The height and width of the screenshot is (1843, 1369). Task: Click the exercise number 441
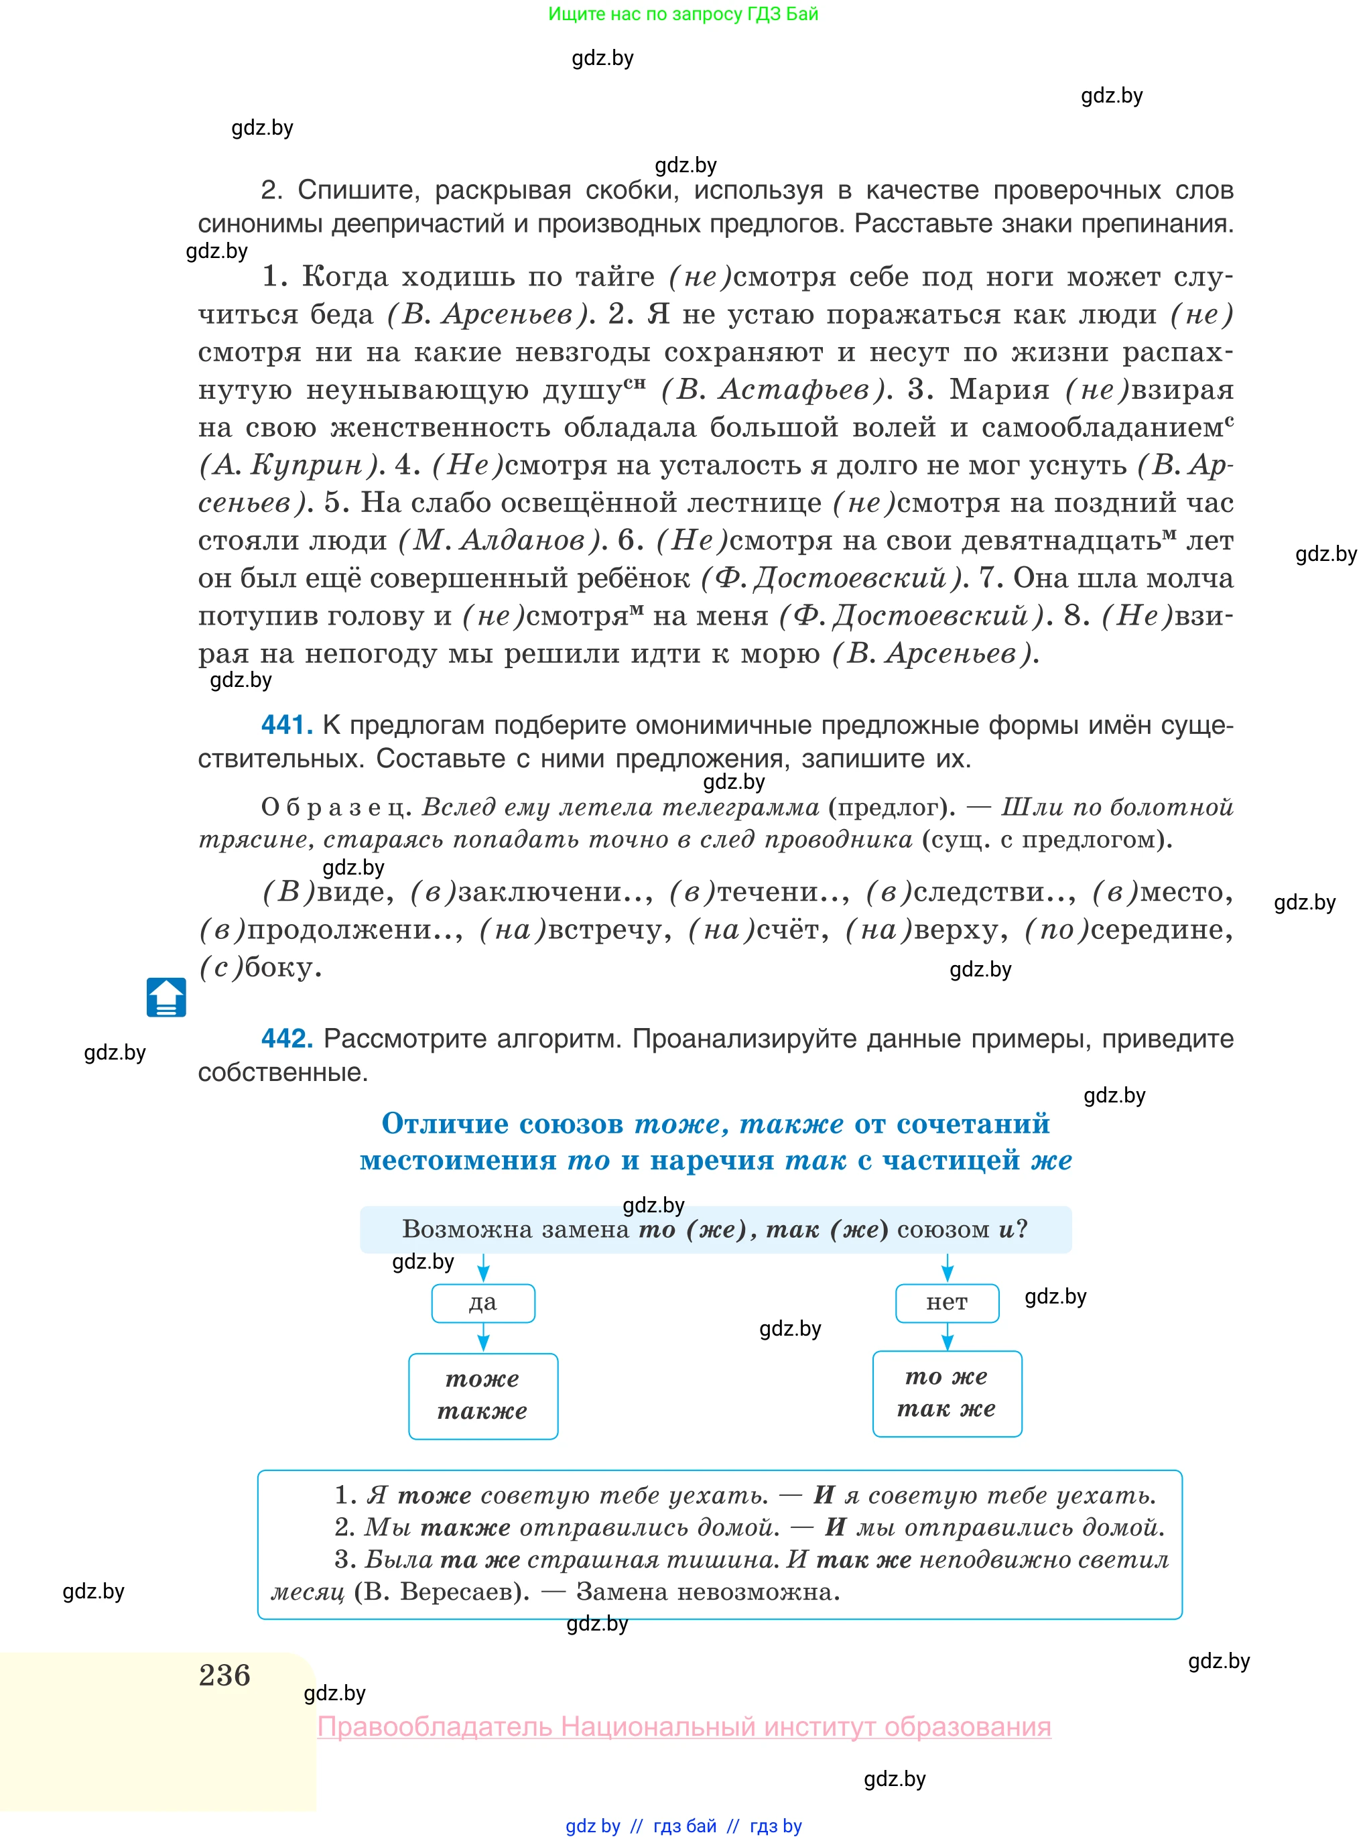click(287, 725)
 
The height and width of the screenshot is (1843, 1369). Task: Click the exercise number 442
click(287, 1038)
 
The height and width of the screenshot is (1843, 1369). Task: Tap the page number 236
click(224, 1675)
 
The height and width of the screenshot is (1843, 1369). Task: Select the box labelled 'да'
click(483, 1303)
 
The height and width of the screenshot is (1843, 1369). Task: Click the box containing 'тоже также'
click(483, 1395)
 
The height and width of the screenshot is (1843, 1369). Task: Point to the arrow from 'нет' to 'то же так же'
click(948, 1336)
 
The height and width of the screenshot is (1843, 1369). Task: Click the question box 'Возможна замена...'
click(715, 1230)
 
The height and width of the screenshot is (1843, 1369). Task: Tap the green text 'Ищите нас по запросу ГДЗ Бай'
click(683, 14)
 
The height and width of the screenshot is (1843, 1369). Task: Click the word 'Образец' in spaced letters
click(336, 807)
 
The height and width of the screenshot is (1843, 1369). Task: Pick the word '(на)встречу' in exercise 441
click(575, 930)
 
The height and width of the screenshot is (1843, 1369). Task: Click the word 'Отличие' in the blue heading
click(444, 1124)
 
